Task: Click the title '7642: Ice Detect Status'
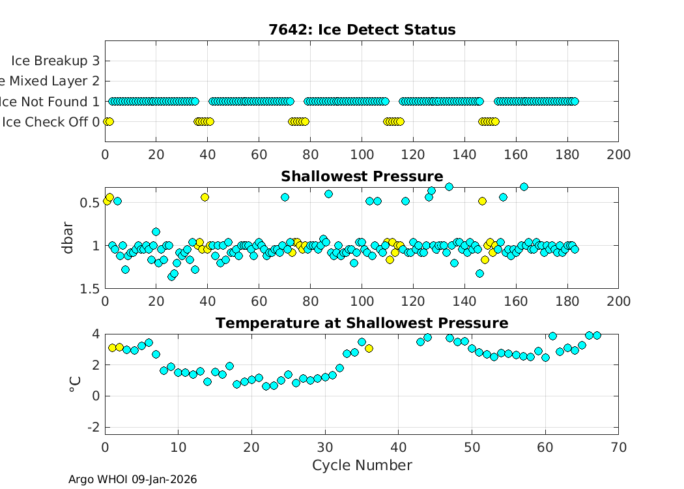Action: pyautogui.click(x=362, y=29)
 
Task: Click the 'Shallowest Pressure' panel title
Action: pyautogui.click(x=362, y=176)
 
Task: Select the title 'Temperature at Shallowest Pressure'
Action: pyautogui.click(x=362, y=323)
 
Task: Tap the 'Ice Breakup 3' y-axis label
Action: pyautogui.click(x=55, y=61)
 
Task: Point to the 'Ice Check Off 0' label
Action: pyautogui.click(x=51, y=122)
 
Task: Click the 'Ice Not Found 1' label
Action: pyautogui.click(x=51, y=102)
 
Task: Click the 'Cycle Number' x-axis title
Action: pyautogui.click(x=362, y=465)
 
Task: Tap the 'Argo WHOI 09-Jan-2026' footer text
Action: pyautogui.click(x=132, y=479)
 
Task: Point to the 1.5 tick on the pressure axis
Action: pyautogui.click(x=90, y=288)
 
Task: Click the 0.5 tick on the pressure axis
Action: pyautogui.click(x=90, y=202)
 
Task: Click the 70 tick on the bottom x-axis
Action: pyautogui.click(x=618, y=447)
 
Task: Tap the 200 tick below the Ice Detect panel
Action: pyautogui.click(x=618, y=155)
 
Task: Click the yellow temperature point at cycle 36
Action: pyautogui.click(x=369, y=348)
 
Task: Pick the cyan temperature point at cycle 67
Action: pyautogui.click(x=596, y=335)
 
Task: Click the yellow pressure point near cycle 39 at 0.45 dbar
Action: pyautogui.click(x=205, y=197)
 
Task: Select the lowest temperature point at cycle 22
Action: pyautogui.click(x=266, y=386)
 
